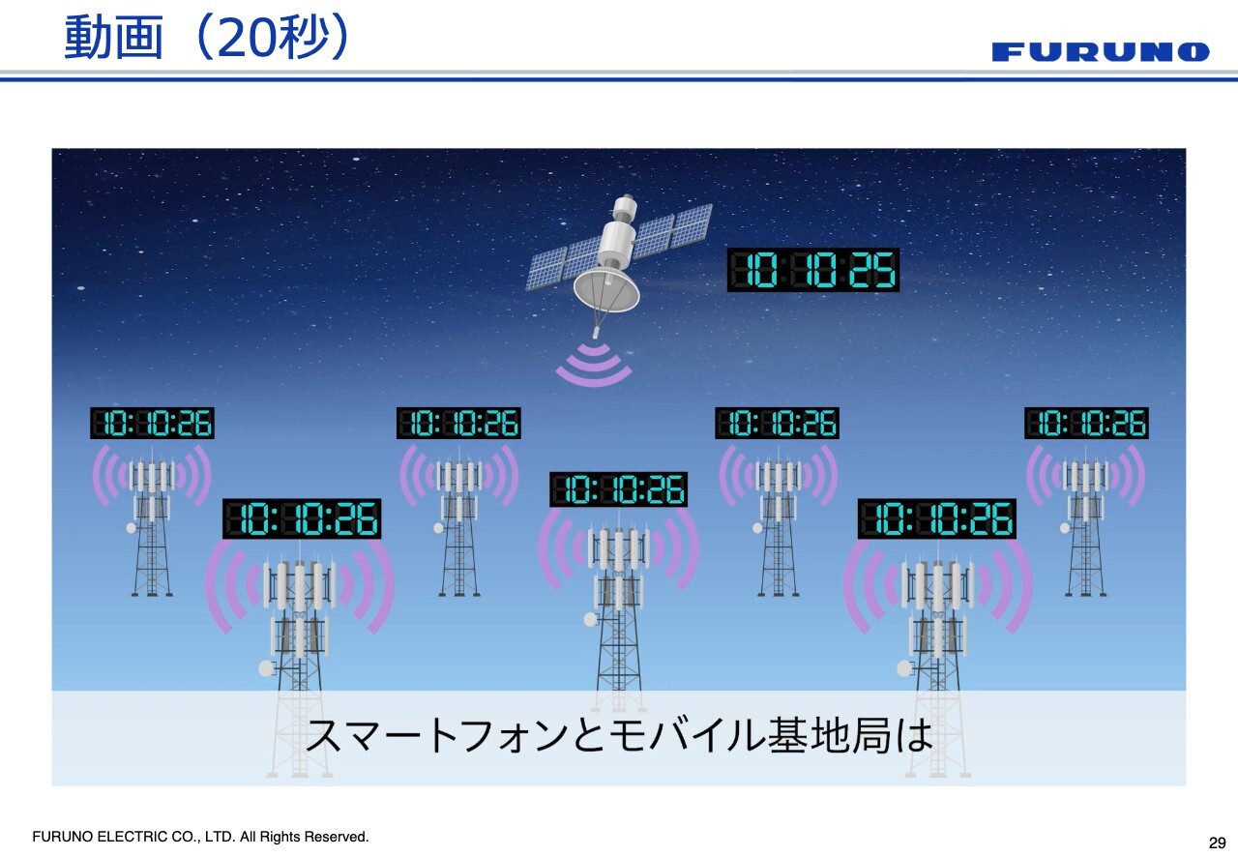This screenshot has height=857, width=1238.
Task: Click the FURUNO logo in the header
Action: click(1101, 52)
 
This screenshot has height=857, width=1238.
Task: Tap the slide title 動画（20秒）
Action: click(207, 37)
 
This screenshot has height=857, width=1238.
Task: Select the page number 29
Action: click(1217, 842)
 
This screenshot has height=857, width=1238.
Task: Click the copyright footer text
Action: click(200, 837)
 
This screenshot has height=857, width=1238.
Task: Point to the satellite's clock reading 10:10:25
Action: click(813, 270)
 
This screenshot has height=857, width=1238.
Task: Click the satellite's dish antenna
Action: click(606, 288)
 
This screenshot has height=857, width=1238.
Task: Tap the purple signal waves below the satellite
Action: click(594, 365)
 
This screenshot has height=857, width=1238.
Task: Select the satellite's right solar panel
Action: click(671, 231)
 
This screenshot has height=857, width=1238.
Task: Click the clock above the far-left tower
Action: click(152, 423)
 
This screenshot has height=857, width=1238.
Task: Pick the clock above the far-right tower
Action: click(1086, 423)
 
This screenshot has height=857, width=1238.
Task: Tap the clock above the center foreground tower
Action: click(618, 489)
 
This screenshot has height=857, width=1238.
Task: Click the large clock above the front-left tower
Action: click(302, 518)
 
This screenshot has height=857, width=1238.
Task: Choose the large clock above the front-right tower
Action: click(937, 518)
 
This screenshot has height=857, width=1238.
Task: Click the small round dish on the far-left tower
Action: click(132, 528)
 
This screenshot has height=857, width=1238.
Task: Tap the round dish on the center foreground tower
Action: click(591, 619)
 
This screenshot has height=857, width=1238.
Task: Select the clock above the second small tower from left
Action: click(458, 423)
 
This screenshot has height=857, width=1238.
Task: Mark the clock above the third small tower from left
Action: click(777, 423)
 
